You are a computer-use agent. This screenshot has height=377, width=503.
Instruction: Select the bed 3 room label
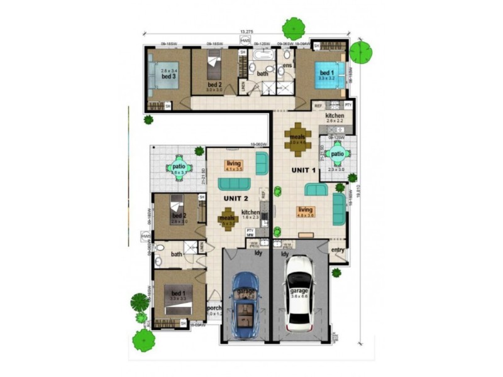point(168,77)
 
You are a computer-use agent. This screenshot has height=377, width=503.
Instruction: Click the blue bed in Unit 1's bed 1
point(328,75)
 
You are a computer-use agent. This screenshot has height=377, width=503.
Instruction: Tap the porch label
point(214,308)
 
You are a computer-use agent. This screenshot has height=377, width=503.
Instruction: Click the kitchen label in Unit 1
point(334,117)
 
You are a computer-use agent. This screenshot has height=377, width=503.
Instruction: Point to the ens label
point(287,65)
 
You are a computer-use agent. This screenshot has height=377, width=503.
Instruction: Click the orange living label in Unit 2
point(233,165)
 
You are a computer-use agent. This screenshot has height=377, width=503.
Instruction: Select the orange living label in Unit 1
point(306,212)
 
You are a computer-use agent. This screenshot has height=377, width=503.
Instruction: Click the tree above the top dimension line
point(293,28)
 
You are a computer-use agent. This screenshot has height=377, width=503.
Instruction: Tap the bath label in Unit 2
point(176,254)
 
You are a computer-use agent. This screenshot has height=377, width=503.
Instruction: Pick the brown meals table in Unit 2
point(228,219)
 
